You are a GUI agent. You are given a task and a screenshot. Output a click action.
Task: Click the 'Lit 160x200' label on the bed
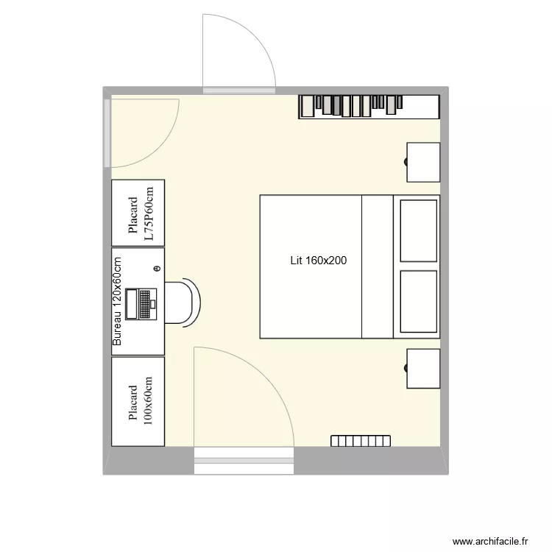point(318,260)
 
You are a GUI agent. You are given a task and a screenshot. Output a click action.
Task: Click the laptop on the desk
point(141,303)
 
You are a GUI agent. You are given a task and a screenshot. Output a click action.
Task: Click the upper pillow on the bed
point(419,230)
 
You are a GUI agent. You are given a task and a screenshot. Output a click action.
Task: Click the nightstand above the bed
point(423,162)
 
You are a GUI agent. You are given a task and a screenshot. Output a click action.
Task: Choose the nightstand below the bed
point(423,369)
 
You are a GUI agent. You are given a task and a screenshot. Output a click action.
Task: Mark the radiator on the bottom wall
point(361,440)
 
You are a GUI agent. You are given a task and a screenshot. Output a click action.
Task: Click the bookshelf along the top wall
point(369,107)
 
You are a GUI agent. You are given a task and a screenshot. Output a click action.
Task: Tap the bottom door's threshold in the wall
point(244,461)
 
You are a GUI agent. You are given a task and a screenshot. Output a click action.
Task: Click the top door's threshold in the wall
point(239,91)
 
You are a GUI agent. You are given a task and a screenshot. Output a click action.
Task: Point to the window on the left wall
point(107,132)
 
